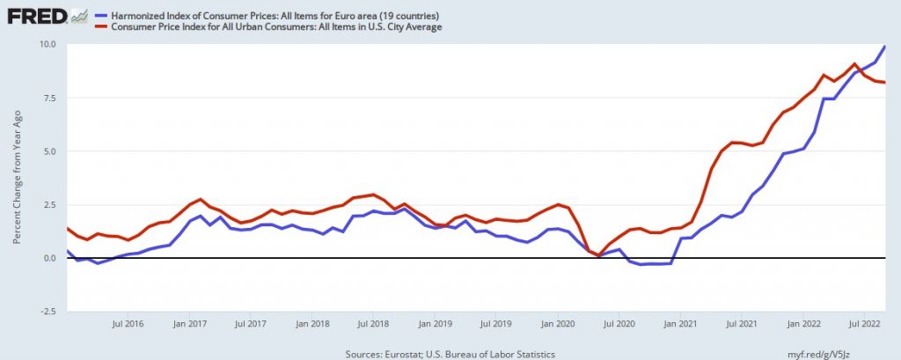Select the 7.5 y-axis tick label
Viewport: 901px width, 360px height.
pyautogui.click(x=50, y=98)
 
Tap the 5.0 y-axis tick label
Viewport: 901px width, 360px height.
pyautogui.click(x=50, y=151)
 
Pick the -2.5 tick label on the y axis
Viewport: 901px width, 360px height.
pyautogui.click(x=48, y=311)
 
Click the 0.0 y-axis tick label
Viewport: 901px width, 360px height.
pyautogui.click(x=50, y=258)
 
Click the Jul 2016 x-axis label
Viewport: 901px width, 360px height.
pyautogui.click(x=128, y=324)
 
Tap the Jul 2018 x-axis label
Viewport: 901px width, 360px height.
pyautogui.click(x=373, y=324)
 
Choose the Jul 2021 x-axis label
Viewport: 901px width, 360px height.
pyautogui.click(x=742, y=324)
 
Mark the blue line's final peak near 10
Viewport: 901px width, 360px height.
pyautogui.click(x=884, y=47)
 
